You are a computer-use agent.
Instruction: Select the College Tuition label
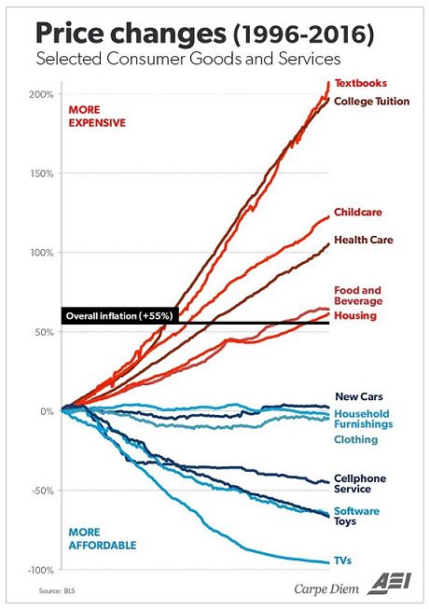[x=371, y=101]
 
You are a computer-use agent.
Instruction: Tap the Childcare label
[x=357, y=212]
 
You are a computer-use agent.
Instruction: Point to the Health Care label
[x=363, y=240]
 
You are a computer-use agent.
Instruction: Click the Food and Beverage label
[x=357, y=296]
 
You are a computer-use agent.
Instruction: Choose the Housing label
[x=354, y=316]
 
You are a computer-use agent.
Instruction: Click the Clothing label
[x=355, y=439]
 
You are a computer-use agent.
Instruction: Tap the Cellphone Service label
[x=359, y=483]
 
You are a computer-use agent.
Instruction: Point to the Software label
[x=356, y=510]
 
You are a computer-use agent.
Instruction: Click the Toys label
[x=345, y=521]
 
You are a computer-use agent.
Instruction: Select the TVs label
[x=342, y=561]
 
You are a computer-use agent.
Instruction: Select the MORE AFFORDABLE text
[x=103, y=538]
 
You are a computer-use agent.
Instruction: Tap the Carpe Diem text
[x=327, y=588]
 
